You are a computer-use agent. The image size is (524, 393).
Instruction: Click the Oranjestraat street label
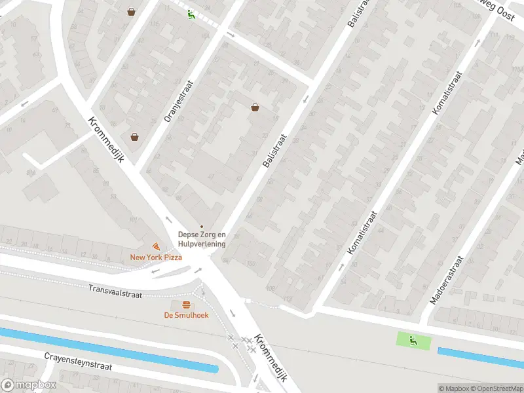172,103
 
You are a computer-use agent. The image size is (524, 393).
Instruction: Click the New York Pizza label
156,257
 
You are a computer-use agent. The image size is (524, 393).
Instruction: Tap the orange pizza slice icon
156,246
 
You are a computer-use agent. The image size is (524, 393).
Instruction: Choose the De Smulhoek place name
186,315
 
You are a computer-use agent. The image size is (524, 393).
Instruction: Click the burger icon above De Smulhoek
186,305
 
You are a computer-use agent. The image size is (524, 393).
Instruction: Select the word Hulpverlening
202,244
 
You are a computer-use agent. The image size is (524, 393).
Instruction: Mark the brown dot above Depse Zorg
202,227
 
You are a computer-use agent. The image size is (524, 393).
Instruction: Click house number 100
250,263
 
